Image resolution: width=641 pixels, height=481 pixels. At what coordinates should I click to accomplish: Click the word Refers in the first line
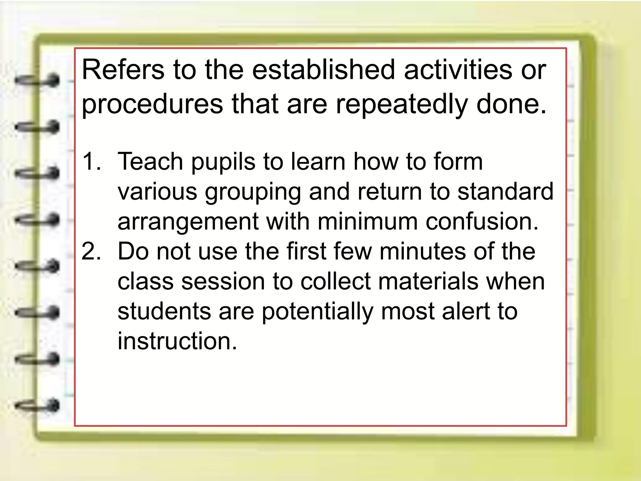pyautogui.click(x=123, y=70)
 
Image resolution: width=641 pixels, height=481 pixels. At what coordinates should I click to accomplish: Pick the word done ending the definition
pyautogui.click(x=511, y=104)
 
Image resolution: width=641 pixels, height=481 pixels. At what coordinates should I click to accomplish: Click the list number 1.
pyautogui.click(x=91, y=162)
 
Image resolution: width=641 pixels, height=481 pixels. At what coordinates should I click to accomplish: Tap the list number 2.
pyautogui.click(x=91, y=252)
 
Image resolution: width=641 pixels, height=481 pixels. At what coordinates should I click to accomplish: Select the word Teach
pyautogui.click(x=150, y=162)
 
